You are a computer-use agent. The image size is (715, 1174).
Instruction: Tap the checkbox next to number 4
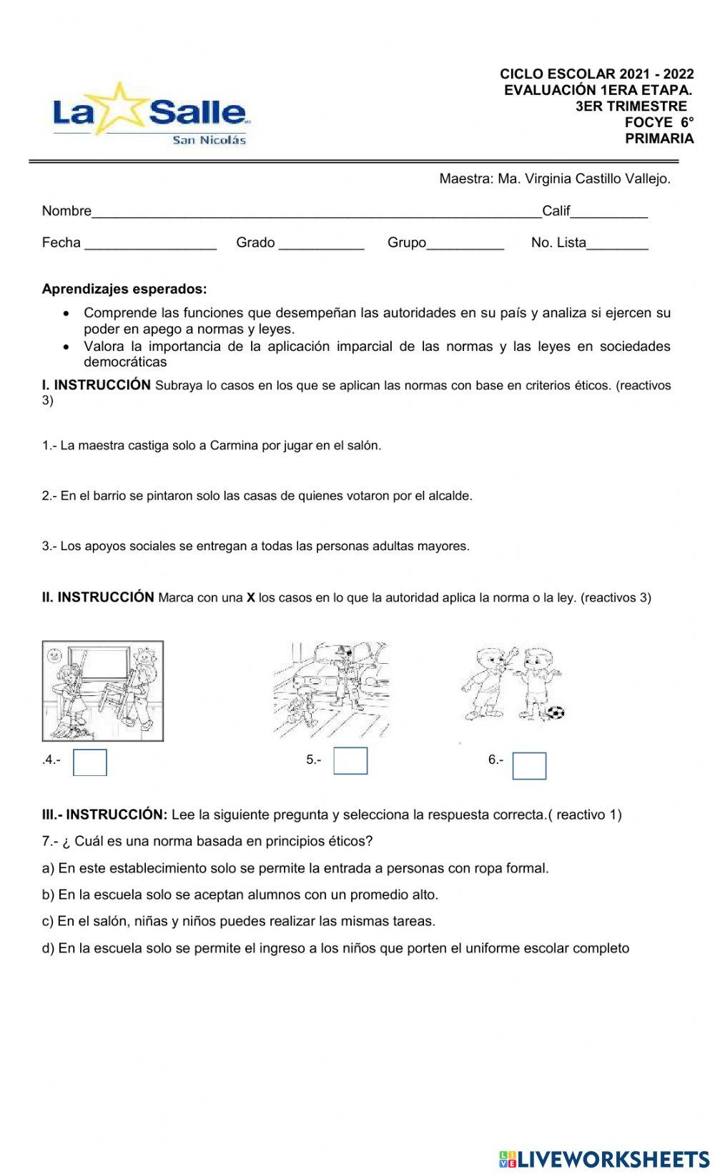90,762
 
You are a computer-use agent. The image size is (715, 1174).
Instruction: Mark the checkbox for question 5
350,761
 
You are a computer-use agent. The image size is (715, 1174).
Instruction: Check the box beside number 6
529,766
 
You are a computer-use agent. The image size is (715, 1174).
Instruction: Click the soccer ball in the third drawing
555,712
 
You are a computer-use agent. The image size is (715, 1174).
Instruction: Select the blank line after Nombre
316,212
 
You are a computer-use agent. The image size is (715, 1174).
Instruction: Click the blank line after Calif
609,212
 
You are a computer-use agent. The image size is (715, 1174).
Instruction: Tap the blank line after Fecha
150,244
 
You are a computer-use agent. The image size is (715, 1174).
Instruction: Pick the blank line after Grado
321,244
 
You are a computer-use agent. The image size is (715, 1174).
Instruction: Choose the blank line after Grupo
465,244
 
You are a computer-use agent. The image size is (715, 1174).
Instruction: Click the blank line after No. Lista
617,244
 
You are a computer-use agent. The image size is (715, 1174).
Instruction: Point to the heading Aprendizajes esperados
124,289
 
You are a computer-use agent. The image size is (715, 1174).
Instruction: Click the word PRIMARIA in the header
659,139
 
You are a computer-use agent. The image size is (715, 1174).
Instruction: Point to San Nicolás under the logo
209,140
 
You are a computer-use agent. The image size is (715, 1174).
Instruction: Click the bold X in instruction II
251,598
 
